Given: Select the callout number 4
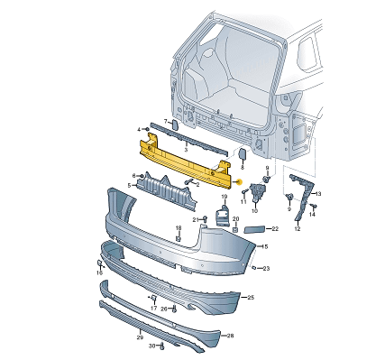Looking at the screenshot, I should pyautogui.click(x=139, y=128).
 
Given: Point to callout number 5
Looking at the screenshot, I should pyautogui.click(x=130, y=188).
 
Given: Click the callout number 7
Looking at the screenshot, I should pyautogui.click(x=151, y=121).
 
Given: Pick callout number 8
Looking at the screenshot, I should pyautogui.click(x=242, y=167).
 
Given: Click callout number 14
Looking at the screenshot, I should pyautogui.click(x=313, y=215).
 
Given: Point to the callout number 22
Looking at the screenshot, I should pyautogui.click(x=275, y=229).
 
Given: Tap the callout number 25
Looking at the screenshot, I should pyautogui.click(x=251, y=297).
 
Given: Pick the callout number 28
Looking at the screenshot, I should pyautogui.click(x=230, y=336).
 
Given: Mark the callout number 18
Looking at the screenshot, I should pyautogui.click(x=178, y=227).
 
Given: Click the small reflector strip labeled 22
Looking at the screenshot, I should pyautogui.click(x=253, y=230).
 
